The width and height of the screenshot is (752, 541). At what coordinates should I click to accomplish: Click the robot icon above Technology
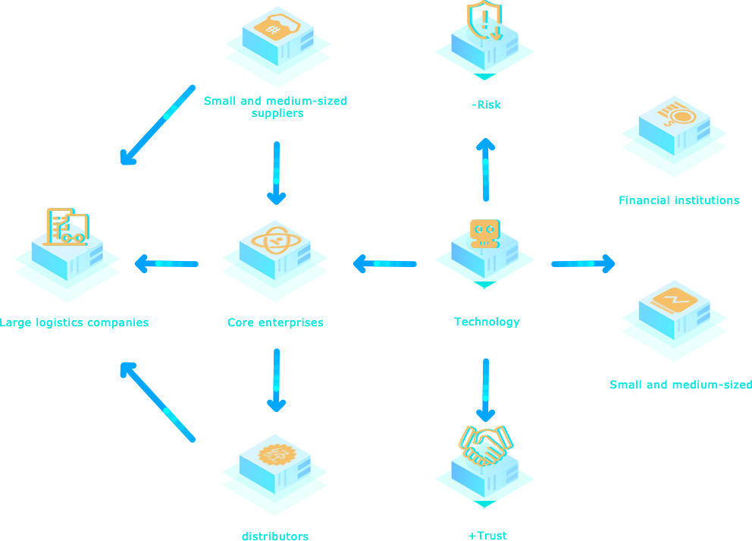[x=484, y=232]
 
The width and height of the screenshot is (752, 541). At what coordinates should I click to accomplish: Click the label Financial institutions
[x=678, y=201]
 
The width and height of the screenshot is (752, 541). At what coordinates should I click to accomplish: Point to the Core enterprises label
[x=275, y=322]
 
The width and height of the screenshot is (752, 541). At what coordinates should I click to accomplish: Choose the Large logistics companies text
[x=74, y=322]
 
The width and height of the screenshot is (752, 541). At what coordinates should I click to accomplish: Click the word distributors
[x=275, y=536]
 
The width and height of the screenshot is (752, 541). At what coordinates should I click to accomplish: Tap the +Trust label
[x=487, y=536]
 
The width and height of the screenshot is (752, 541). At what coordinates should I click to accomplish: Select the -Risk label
[x=486, y=105]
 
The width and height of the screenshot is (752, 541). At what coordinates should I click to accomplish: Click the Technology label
[x=487, y=322]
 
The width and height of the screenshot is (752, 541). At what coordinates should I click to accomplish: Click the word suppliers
[x=277, y=113]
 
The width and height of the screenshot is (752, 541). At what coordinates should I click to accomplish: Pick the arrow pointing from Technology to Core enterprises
[x=387, y=264]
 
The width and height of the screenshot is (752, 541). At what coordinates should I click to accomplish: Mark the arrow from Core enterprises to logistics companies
[x=168, y=264]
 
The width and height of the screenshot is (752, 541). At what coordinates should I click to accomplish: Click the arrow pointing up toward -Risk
[x=485, y=171]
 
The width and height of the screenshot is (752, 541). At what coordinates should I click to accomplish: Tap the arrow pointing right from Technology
[x=581, y=264]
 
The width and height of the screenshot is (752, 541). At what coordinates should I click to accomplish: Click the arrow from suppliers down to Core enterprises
[x=277, y=171]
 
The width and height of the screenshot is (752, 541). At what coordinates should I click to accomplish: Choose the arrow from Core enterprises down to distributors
[x=277, y=379]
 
